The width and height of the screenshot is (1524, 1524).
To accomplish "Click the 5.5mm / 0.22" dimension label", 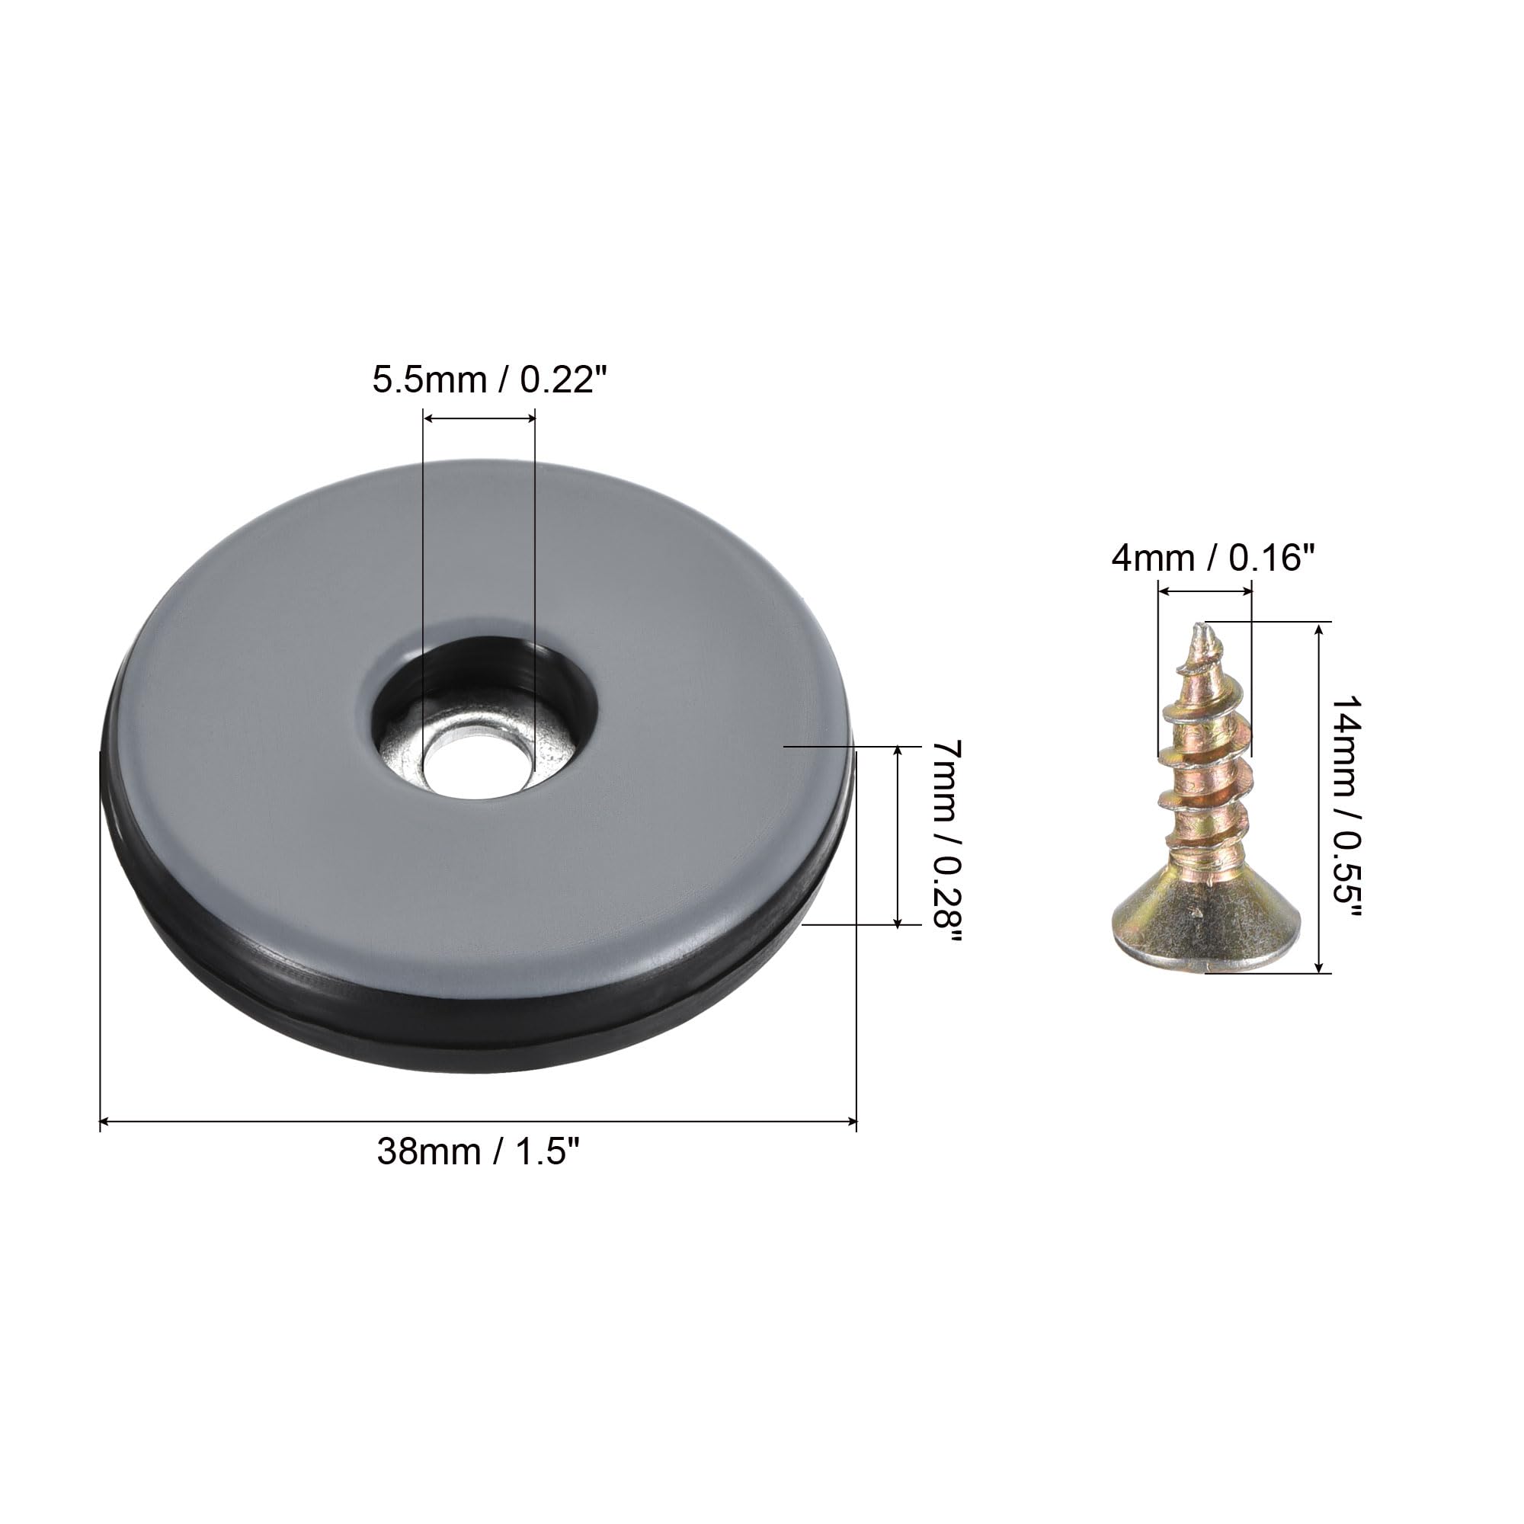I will [x=491, y=380].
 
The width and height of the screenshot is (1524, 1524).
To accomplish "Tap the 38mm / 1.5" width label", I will [x=478, y=1151].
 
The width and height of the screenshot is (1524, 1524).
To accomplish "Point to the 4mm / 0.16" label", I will [x=1213, y=559].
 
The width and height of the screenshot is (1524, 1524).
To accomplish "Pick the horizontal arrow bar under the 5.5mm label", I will [x=479, y=419].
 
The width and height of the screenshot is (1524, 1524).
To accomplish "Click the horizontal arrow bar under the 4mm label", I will [x=1205, y=590].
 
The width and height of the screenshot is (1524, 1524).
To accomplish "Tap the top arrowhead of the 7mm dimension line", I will [x=898, y=752].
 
